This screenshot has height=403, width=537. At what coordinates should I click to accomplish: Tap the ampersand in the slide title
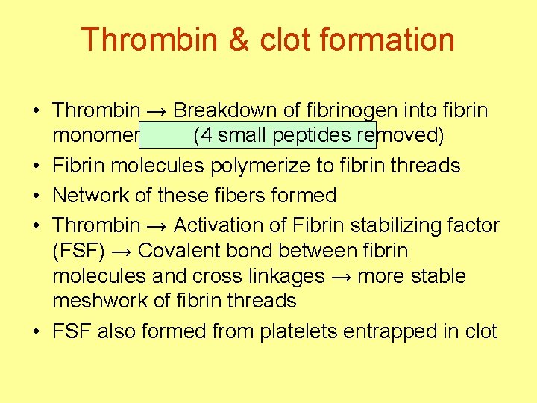[238, 40]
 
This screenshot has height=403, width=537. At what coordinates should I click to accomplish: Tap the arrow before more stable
[342, 276]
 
